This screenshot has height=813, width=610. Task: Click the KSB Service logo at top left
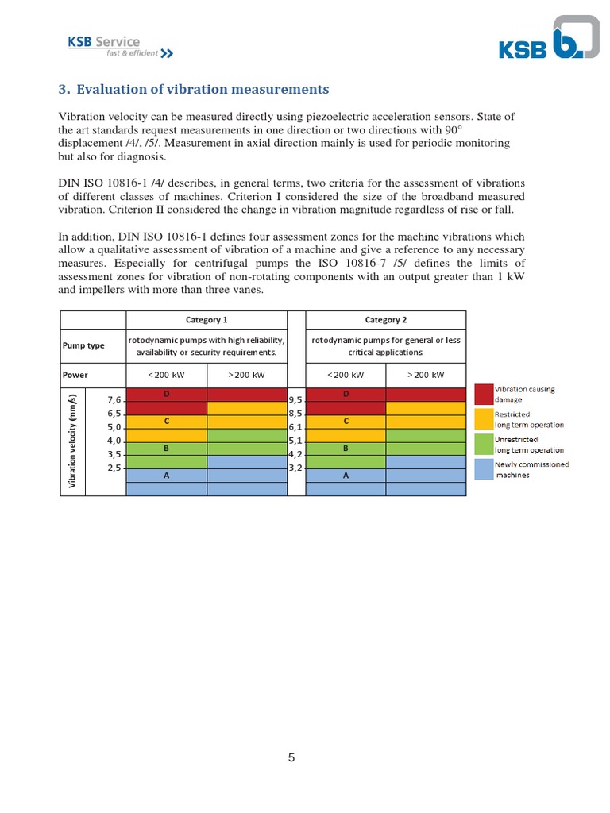(119, 47)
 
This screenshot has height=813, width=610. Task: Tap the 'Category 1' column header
(207, 320)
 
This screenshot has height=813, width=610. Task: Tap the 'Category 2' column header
(385, 320)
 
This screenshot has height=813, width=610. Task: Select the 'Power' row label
(76, 375)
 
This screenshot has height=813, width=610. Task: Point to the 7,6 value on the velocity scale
(113, 400)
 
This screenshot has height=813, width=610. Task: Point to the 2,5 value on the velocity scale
(113, 468)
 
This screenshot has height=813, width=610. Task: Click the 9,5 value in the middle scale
(295, 400)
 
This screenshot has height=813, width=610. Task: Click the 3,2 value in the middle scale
(295, 468)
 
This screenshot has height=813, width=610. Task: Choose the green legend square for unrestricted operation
(484, 444)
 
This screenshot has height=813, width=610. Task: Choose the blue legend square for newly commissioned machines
(484, 469)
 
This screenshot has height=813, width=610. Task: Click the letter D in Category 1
(167, 394)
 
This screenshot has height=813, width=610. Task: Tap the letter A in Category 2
(346, 476)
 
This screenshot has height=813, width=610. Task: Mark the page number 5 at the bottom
(291, 757)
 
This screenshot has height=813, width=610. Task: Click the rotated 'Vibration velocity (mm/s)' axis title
(72, 441)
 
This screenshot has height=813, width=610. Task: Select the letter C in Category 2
(346, 421)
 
